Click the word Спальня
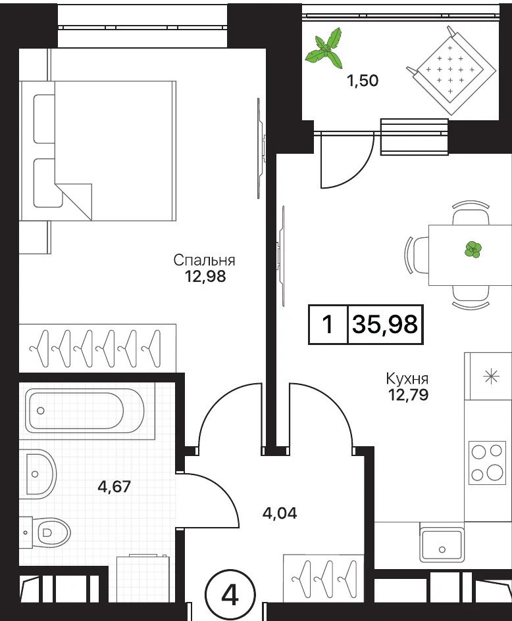[204, 261]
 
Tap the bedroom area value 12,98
[205, 276]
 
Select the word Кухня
[407, 379]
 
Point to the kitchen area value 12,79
[408, 394]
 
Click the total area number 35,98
[385, 325]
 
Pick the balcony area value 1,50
[363, 81]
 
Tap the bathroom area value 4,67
[115, 486]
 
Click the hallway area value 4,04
[280, 513]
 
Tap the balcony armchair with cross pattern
[451, 70]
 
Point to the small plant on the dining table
[473, 250]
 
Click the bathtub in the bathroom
[84, 410]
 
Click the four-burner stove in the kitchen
[488, 463]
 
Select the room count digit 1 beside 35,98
[328, 325]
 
